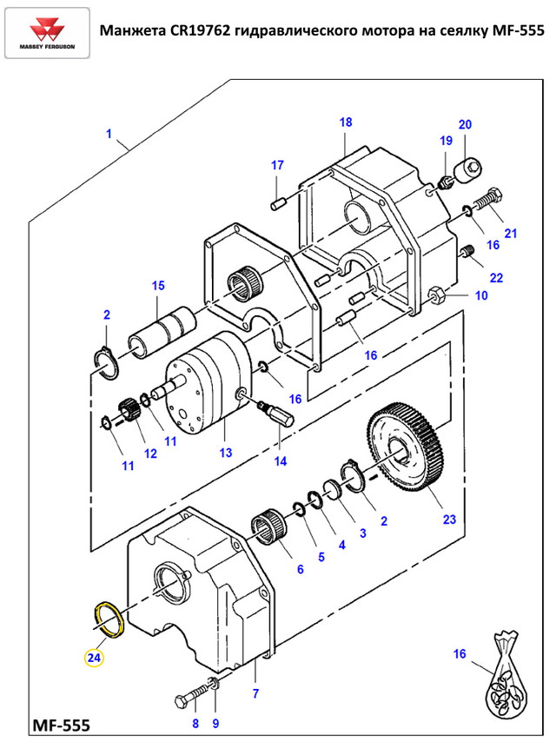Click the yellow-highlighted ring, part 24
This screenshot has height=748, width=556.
point(109,619)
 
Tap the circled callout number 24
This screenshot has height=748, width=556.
point(94,658)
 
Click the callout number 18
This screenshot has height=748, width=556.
point(346,122)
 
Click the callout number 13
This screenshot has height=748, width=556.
point(226,453)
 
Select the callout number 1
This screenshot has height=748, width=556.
point(109,134)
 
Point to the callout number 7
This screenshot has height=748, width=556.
point(255,693)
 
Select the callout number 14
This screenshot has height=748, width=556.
point(281,461)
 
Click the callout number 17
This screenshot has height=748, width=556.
point(277,165)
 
